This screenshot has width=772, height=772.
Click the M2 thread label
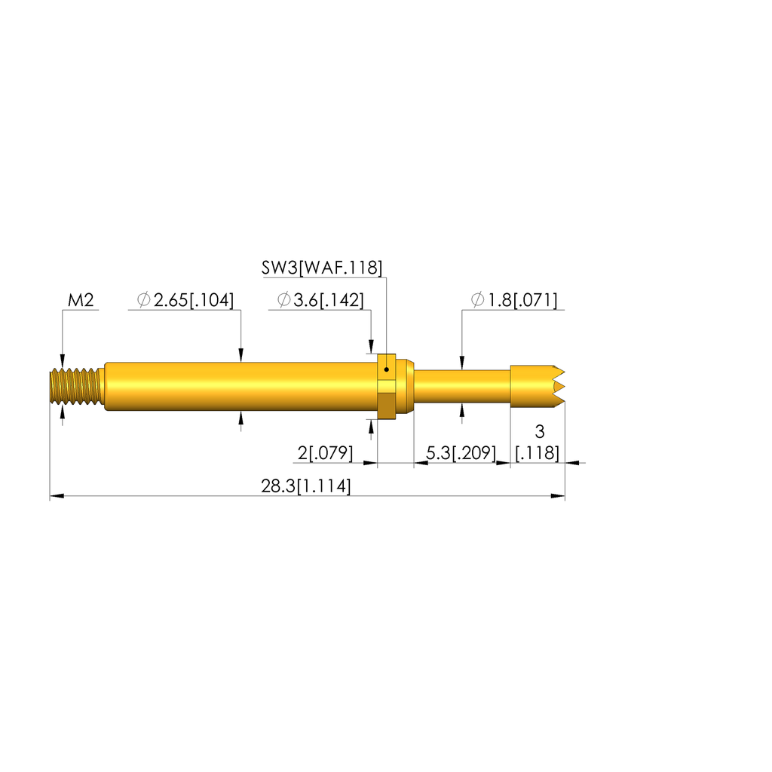tap(81, 301)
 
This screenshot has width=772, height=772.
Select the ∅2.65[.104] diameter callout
tap(185, 301)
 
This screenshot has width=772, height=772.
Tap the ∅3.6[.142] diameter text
tap(320, 301)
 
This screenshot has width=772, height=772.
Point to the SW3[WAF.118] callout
tap(322, 267)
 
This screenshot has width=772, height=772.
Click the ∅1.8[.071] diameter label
tap(514, 301)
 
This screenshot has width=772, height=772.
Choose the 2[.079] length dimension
tap(326, 453)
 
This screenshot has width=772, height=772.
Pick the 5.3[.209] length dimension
tap(461, 453)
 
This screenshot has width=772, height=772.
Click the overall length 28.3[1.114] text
tap(306, 486)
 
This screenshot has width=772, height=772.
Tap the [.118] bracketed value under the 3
tap(538, 453)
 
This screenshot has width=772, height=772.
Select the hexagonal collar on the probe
tap(386, 385)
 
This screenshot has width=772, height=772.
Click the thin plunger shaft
tap(461, 386)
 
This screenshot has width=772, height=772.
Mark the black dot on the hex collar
tap(386, 369)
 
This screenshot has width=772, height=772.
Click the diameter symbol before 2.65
tap(143, 301)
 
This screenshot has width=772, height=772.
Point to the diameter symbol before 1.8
tap(477, 301)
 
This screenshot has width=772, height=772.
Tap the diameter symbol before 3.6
tap(283, 301)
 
